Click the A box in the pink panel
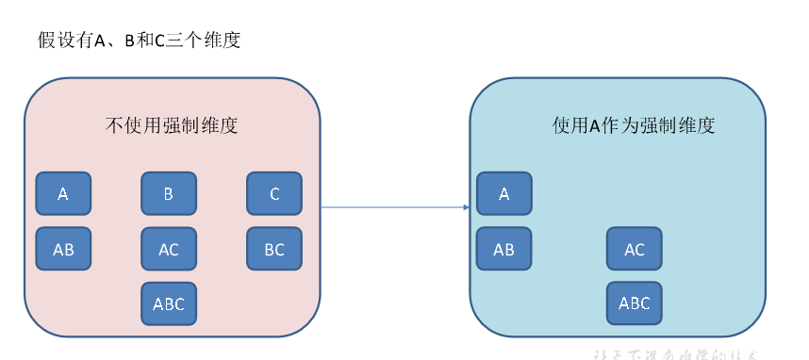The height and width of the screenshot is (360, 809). (63, 194)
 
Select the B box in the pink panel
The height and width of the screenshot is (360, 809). (169, 194)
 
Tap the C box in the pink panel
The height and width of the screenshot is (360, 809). (274, 194)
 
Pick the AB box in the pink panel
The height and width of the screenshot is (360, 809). (63, 250)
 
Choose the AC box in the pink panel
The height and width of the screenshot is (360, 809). (169, 250)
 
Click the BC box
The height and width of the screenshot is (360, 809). (274, 250)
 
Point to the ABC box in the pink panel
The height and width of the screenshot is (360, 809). (169, 303)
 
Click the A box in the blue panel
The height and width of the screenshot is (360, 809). (504, 194)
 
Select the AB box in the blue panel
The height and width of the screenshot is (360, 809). (504, 250)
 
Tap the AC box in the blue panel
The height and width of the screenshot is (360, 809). (635, 250)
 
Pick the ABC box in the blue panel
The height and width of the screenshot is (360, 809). (635, 303)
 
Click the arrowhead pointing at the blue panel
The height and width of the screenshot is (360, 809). (466, 207)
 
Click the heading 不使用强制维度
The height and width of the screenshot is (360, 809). (171, 125)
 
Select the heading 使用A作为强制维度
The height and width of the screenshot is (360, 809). (634, 125)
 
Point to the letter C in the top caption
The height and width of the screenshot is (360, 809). (157, 41)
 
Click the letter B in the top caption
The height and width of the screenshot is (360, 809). (129, 41)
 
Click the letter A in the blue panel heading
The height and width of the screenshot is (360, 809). (595, 126)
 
